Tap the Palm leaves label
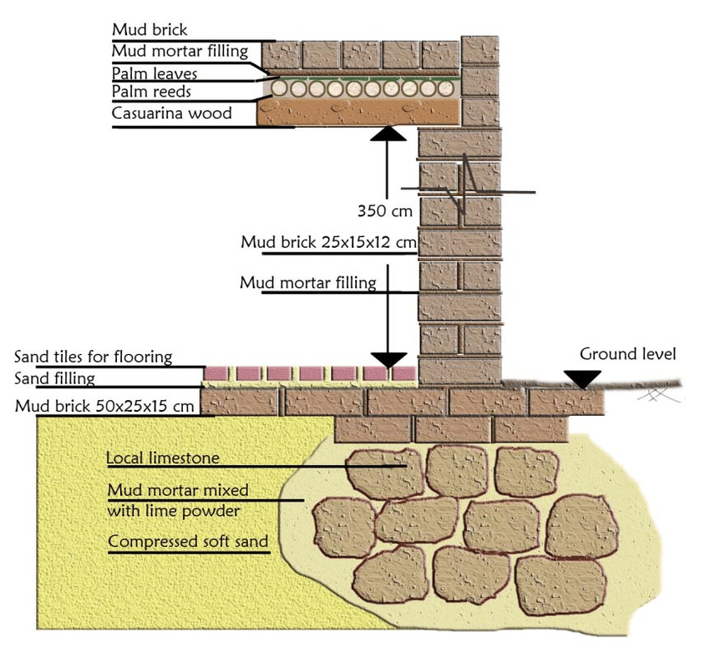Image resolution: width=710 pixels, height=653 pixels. click(155, 73)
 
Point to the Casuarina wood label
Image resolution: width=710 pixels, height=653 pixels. click(172, 113)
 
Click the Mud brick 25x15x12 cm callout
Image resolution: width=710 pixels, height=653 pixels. click(328, 242)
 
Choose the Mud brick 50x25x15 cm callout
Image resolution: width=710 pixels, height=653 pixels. click(105, 406)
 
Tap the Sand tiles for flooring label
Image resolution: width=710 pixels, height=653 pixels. click(94, 357)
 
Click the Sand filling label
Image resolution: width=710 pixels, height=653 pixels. click(55, 378)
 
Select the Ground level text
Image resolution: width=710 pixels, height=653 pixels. click(628, 354)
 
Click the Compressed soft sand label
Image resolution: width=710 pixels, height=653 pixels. click(189, 541)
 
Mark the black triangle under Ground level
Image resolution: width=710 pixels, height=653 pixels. click(582, 378)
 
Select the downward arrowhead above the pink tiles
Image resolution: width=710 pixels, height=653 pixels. click(387, 359)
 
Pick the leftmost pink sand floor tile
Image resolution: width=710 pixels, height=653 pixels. click(217, 373)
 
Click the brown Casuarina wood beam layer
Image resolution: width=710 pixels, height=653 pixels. click(359, 113)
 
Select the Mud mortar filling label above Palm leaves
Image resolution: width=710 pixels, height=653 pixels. click(180, 51)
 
